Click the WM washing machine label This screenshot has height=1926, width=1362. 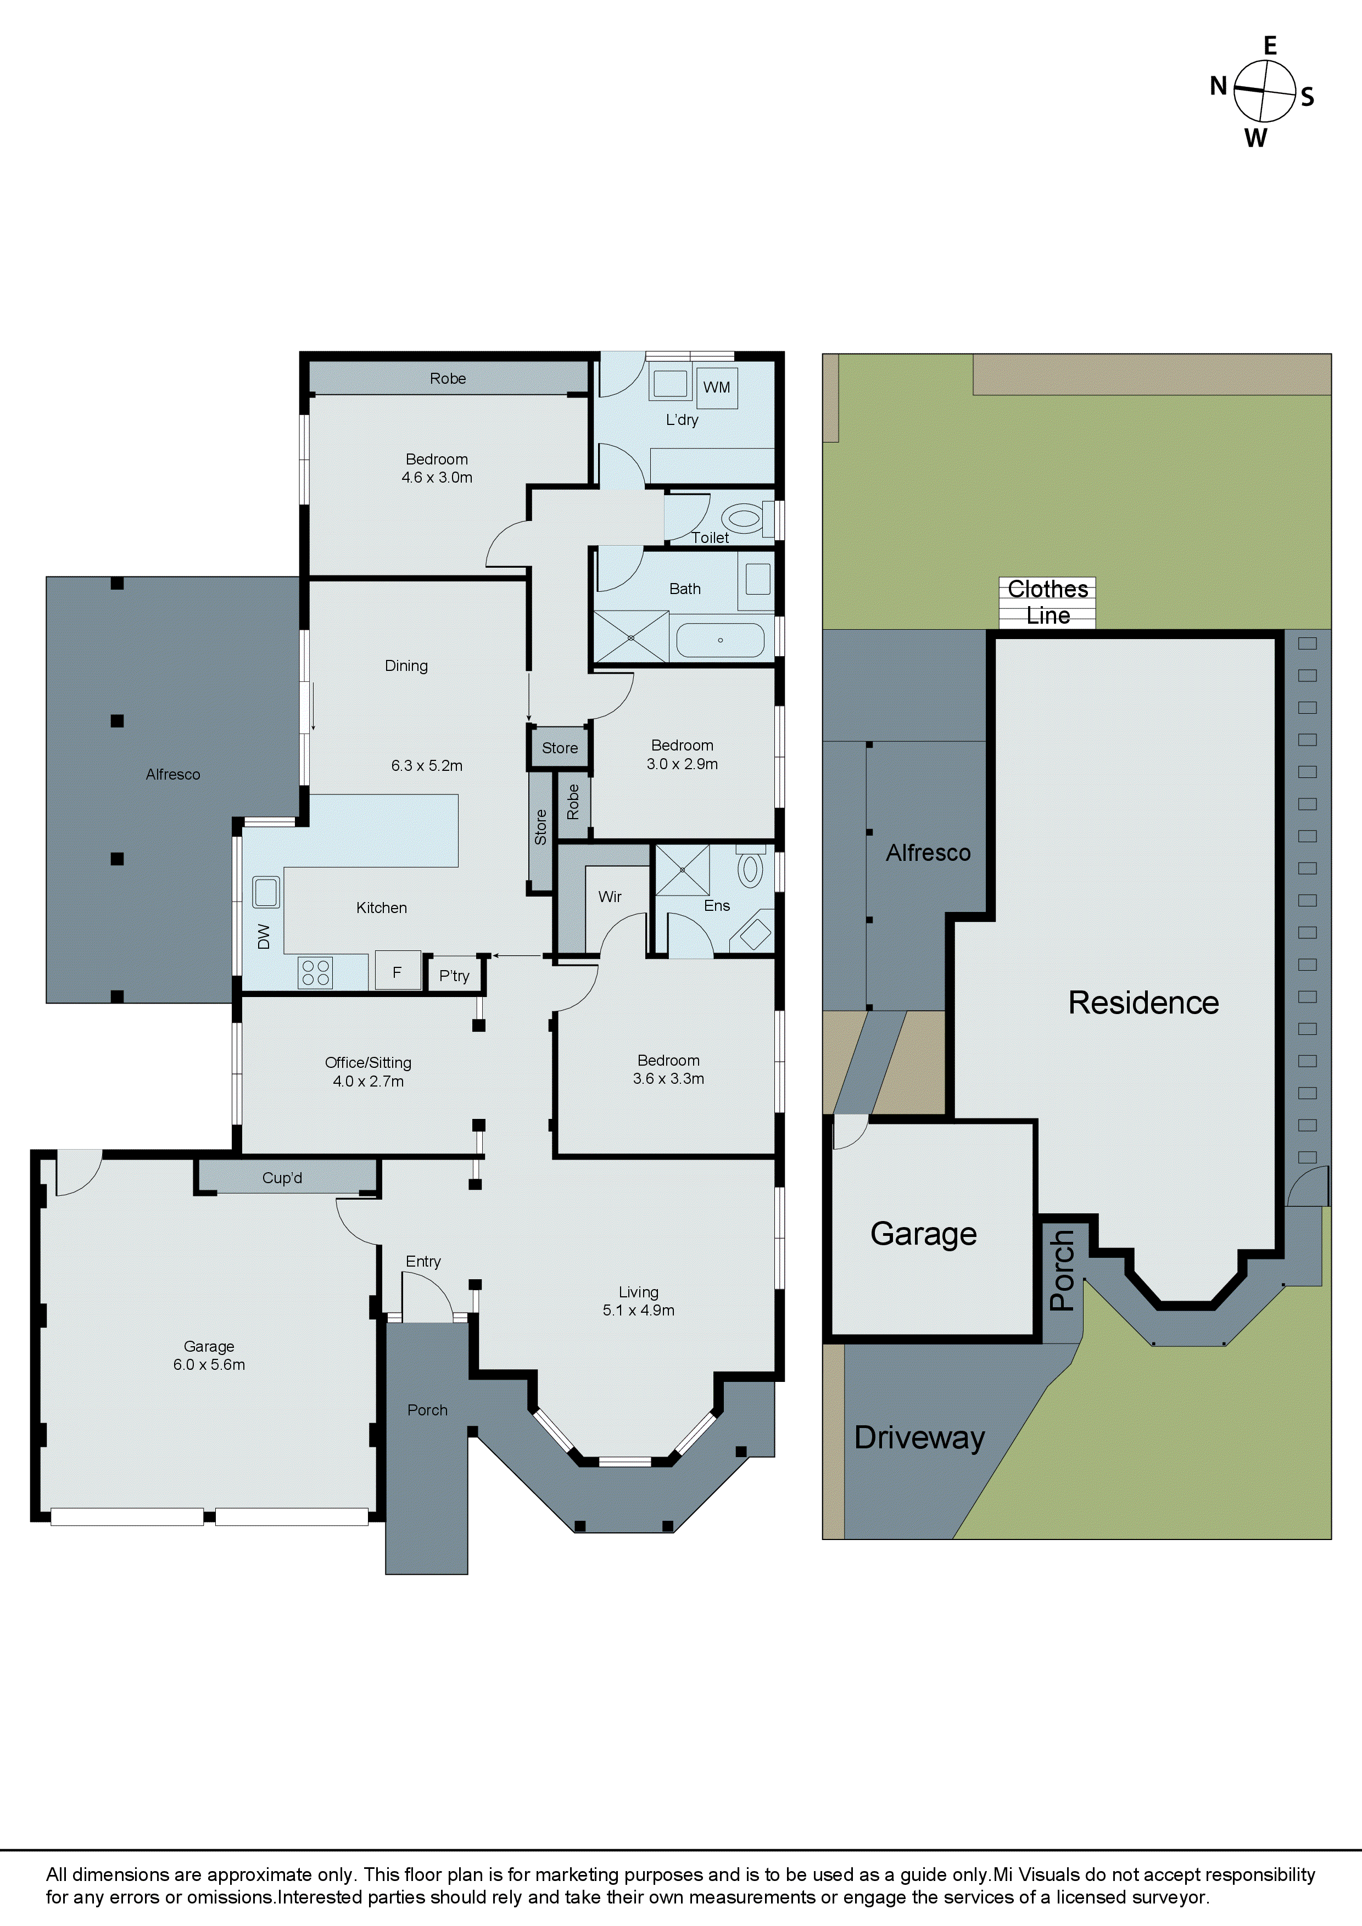[x=717, y=388]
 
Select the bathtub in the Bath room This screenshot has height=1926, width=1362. [x=720, y=641]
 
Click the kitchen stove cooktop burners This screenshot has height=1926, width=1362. [x=316, y=973]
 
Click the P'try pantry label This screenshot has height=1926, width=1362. [x=454, y=976]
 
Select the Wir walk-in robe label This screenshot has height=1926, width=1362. [x=610, y=897]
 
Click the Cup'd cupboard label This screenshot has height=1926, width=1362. [x=282, y=1178]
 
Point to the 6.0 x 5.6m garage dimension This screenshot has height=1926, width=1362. [x=209, y=1365]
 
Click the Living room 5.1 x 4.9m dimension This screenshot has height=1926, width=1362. [x=639, y=1311]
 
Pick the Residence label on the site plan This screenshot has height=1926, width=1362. [x=1143, y=1003]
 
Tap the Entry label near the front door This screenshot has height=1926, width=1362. [x=423, y=1262]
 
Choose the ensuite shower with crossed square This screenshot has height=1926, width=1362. [x=682, y=870]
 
